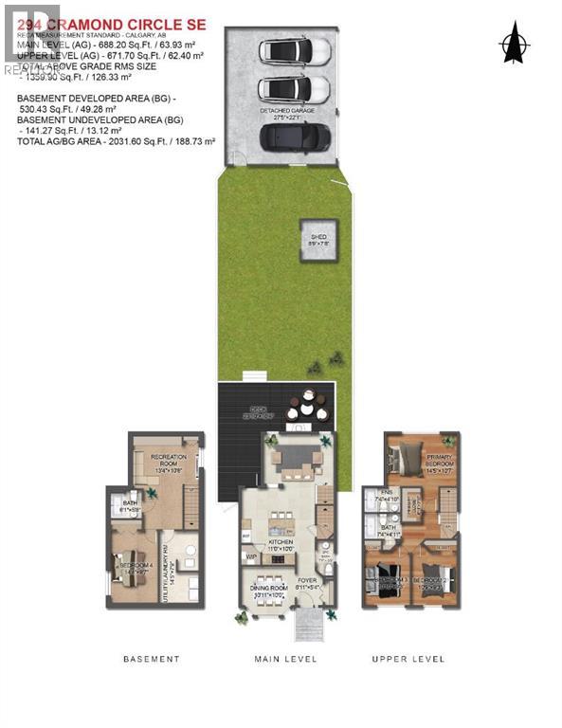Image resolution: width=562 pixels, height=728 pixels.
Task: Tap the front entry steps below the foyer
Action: pos(306,626)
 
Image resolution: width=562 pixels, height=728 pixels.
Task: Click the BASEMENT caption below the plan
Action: pos(151,659)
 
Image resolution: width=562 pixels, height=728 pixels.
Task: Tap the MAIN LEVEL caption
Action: pos(285,659)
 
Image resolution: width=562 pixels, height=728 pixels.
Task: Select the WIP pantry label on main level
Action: pos(251,557)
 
